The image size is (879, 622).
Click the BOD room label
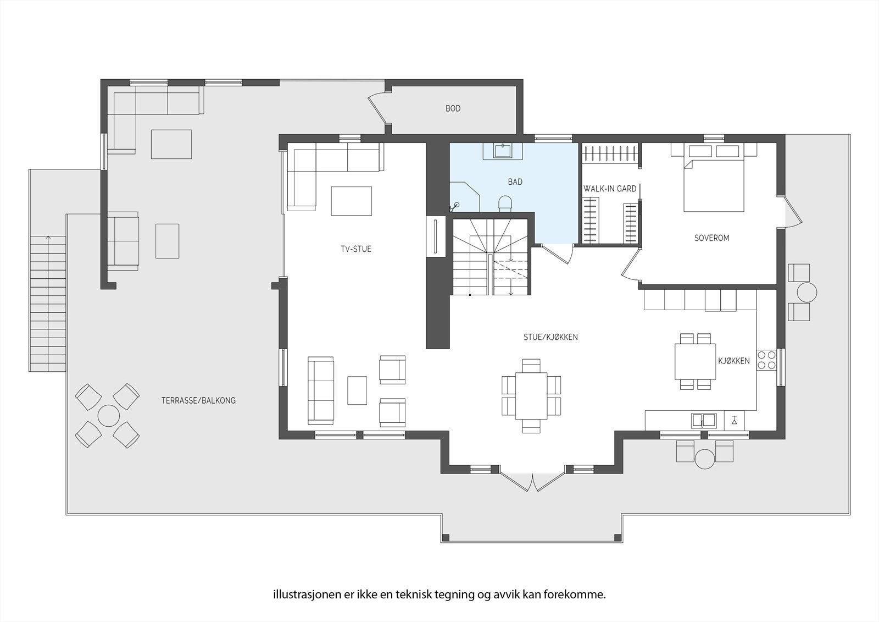(453, 108)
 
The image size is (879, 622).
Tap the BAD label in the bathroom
(515, 182)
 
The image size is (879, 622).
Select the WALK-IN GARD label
(610, 189)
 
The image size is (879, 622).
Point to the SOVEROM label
(711, 238)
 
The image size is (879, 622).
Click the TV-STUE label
(356, 249)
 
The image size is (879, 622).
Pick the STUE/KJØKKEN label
(550, 337)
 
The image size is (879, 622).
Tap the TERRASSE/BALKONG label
(198, 400)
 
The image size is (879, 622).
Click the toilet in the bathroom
(505, 203)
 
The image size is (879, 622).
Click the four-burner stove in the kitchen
(766, 360)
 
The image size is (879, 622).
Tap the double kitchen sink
(704, 420)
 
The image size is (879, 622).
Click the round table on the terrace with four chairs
(109, 416)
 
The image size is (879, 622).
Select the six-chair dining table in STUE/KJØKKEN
(531, 395)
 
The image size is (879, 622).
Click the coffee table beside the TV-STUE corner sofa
(351, 201)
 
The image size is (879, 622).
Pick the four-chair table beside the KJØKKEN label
(696, 361)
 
